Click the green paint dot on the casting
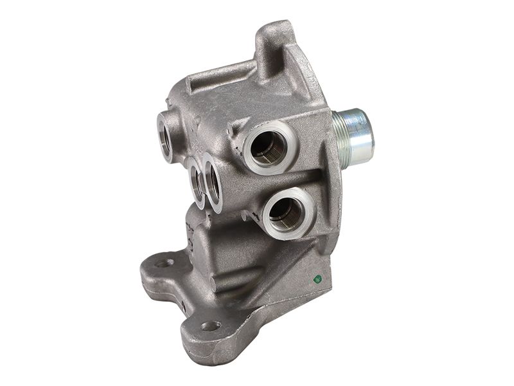[317, 279]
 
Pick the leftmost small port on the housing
[166, 135]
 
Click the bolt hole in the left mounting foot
[164, 262]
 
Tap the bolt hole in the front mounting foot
[209, 326]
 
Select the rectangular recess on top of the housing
[218, 77]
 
